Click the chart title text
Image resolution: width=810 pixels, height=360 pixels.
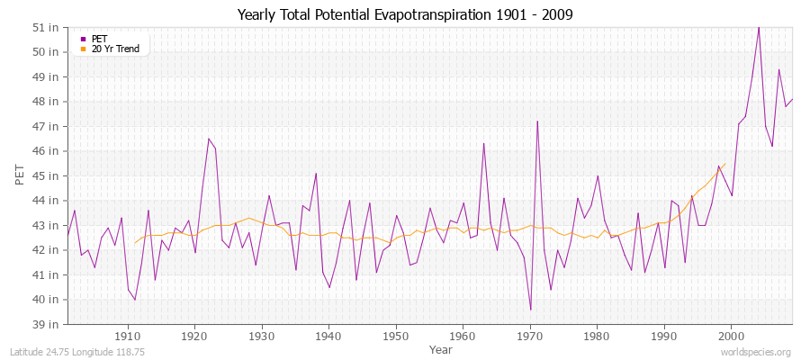(x=405, y=15)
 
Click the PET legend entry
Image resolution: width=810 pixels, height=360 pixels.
(x=99, y=38)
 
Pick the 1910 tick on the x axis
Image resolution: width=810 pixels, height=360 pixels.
(x=128, y=337)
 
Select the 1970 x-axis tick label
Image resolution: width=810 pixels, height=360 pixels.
(x=530, y=337)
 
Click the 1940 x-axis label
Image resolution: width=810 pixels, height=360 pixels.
(x=329, y=337)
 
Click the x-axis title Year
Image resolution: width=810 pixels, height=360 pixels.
(x=441, y=349)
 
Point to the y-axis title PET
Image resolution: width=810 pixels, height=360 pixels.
(x=20, y=175)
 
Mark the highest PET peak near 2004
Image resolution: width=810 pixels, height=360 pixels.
(x=759, y=27)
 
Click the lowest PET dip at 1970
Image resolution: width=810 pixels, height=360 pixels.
(x=530, y=310)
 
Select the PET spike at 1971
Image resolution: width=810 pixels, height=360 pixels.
(x=537, y=121)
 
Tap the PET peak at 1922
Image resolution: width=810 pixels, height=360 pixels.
(x=209, y=139)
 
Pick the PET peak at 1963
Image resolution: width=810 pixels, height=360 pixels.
(x=483, y=143)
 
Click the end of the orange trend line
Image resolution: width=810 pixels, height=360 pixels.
(x=724, y=164)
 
